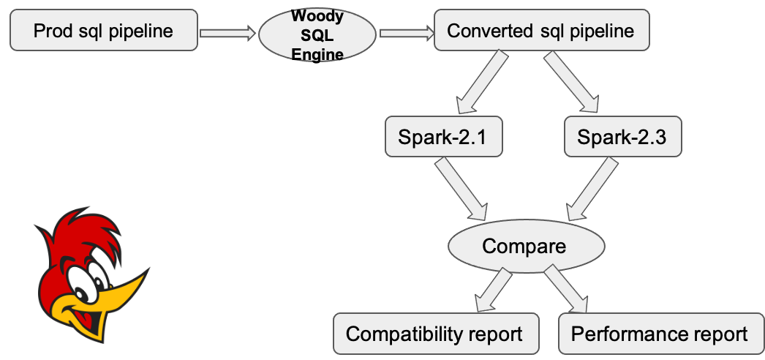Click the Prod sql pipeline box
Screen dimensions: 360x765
tap(103, 31)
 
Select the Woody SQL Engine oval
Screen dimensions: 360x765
tap(317, 34)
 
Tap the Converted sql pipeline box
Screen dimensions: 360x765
tap(541, 31)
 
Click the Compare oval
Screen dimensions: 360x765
tap(524, 245)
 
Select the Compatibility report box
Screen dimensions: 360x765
tap(435, 334)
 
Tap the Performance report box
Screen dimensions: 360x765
tap(660, 334)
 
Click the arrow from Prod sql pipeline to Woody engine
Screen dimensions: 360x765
tap(227, 32)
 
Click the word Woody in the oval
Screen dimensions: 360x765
tap(317, 15)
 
